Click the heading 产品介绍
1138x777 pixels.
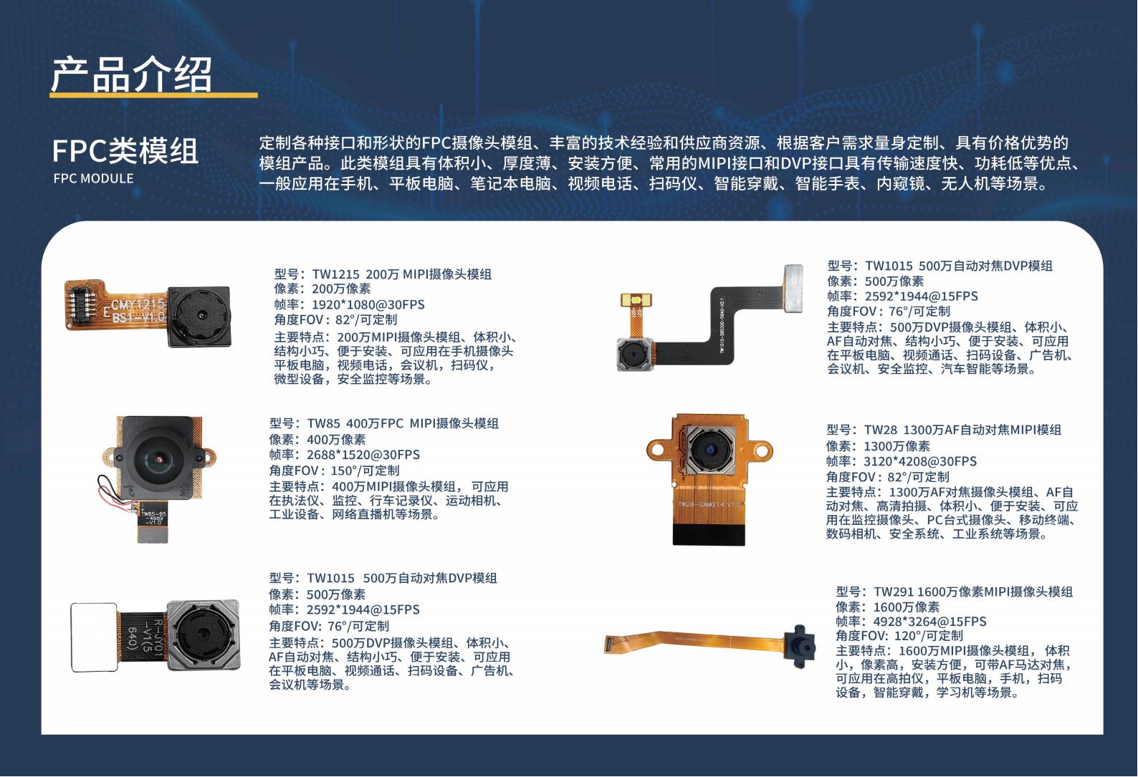[131, 74]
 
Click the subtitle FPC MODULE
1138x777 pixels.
[93, 179]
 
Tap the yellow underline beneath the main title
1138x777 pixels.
[153, 95]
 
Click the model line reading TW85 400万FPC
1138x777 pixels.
[383, 423]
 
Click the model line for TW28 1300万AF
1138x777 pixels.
[944, 430]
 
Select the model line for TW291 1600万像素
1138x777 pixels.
[955, 592]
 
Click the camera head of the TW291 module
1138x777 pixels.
[800, 647]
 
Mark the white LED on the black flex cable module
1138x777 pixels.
[636, 301]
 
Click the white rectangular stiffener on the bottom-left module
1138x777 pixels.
[94, 637]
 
